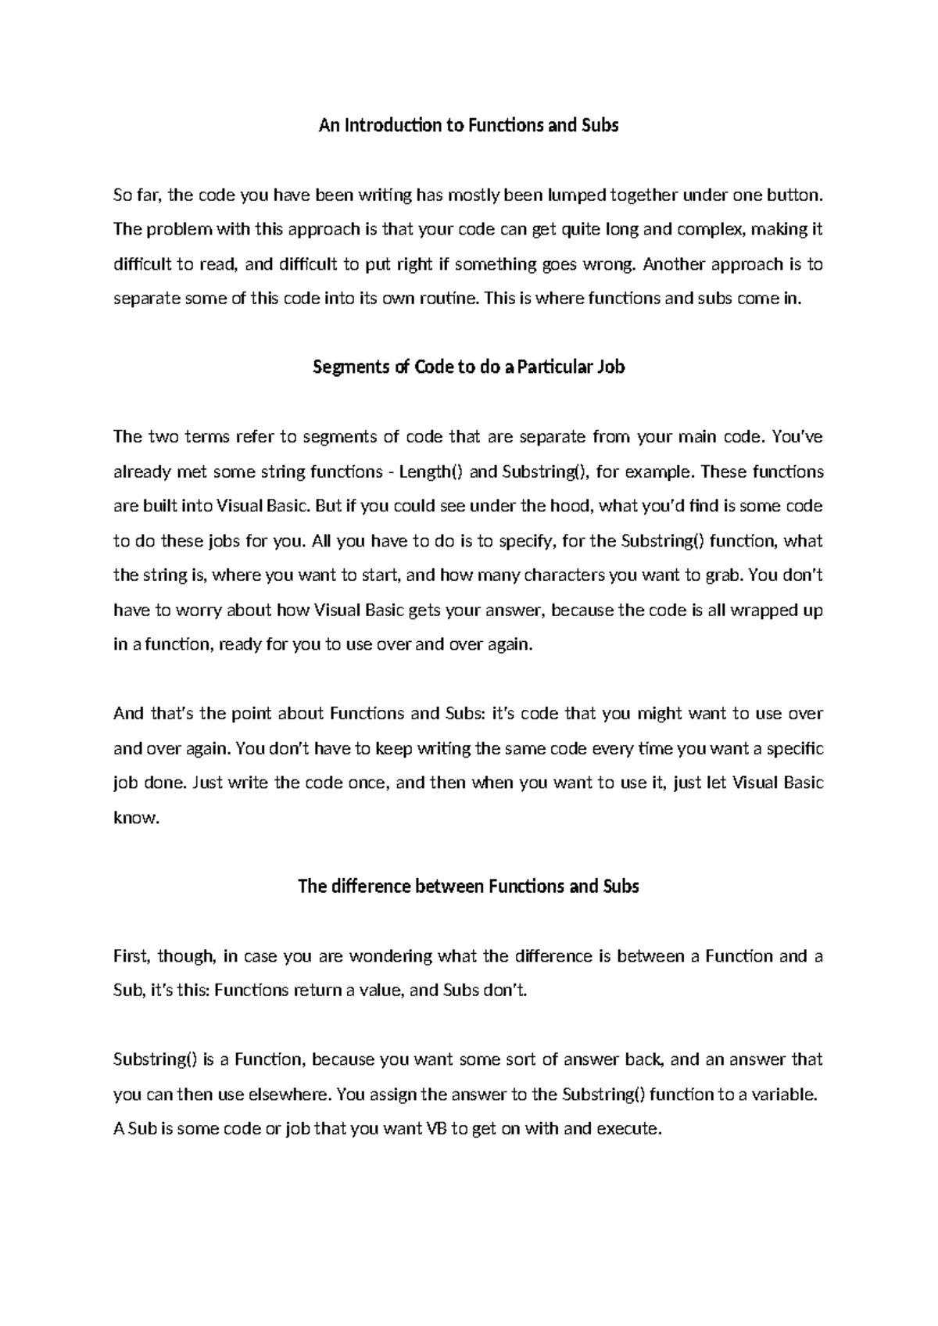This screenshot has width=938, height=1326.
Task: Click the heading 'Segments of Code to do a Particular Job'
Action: (x=468, y=367)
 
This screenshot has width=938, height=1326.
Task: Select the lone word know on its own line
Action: (x=136, y=819)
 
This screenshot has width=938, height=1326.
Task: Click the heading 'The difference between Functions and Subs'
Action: (x=468, y=887)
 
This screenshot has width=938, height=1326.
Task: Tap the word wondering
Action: (x=390, y=956)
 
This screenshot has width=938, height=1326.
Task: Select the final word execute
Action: (x=629, y=1129)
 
